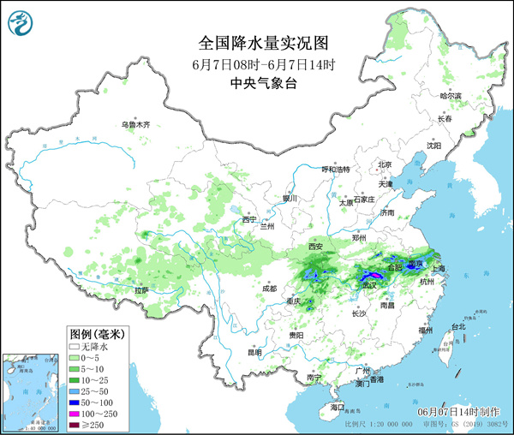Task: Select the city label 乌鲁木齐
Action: [134, 125]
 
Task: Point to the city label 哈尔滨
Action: [450, 95]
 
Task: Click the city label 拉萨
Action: [140, 290]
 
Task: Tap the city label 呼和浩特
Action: [336, 170]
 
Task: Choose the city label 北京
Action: [385, 164]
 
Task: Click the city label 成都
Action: [269, 289]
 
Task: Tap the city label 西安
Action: [315, 247]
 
